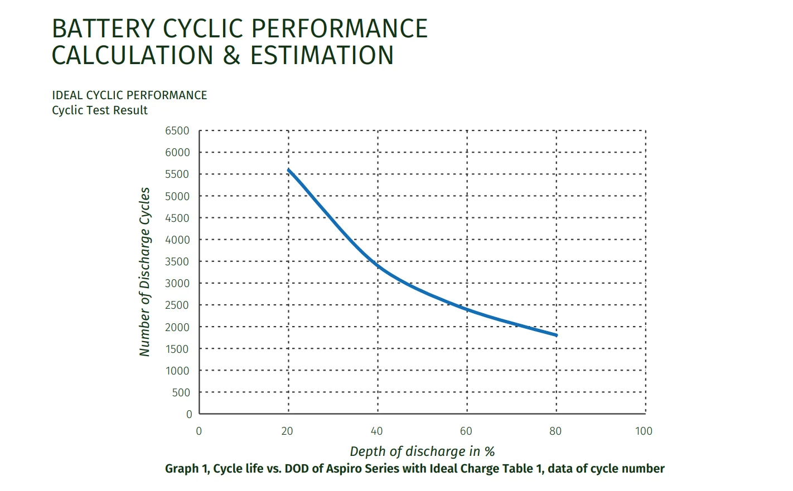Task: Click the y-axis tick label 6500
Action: tap(177, 131)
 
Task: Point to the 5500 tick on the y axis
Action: tap(177, 174)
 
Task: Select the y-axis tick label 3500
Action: tap(177, 261)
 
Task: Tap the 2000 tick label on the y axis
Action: tap(177, 327)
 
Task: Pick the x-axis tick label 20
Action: tap(287, 431)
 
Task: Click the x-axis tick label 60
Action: tap(466, 431)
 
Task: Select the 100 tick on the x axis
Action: tap(644, 431)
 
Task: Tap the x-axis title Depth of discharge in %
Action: tap(422, 451)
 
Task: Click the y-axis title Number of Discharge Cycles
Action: tap(144, 272)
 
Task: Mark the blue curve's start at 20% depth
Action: tap(289, 169)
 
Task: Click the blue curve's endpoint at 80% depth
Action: tap(556, 335)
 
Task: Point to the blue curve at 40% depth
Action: tap(378, 266)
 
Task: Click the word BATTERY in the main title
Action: tap(103, 29)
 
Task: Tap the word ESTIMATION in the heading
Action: tap(322, 56)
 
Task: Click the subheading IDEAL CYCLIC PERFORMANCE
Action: tap(129, 95)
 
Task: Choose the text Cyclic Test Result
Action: tap(99, 110)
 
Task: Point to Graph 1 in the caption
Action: tap(186, 469)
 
